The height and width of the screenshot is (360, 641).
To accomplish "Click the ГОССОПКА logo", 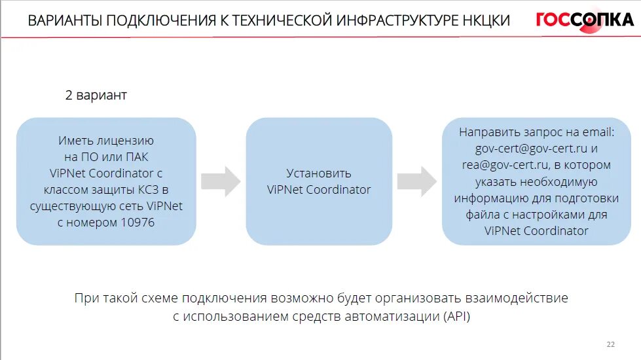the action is point(584,20).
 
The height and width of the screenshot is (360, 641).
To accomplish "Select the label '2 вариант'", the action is point(96,96).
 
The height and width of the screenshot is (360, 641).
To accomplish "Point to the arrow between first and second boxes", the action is point(221,181).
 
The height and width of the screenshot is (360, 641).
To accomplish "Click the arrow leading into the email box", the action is point(417,181).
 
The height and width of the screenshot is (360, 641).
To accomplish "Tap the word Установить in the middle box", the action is point(319,173).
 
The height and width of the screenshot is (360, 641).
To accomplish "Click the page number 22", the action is point(611,344).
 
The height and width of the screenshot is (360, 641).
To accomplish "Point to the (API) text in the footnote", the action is point(456,317).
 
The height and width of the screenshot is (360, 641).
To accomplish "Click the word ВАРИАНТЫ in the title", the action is point(64,21).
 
